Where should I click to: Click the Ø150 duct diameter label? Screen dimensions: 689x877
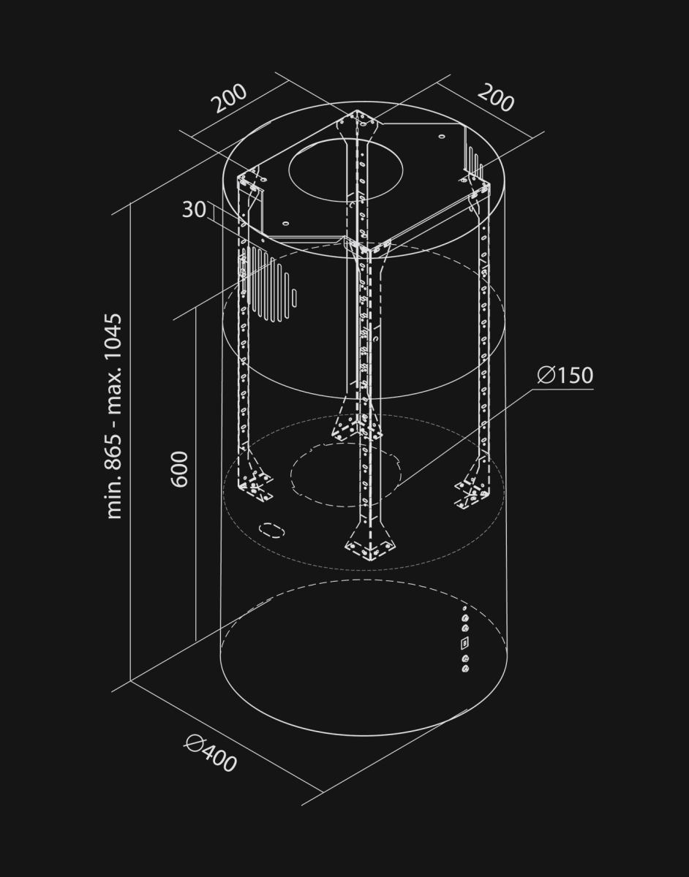point(565,375)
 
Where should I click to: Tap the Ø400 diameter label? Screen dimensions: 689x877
point(211,753)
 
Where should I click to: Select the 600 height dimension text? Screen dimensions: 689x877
point(180,469)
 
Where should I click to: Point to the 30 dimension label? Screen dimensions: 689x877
point(194,210)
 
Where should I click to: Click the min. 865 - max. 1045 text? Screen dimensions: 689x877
point(113,416)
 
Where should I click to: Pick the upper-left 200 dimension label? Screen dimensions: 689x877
point(230,99)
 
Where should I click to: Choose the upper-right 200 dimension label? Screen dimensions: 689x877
point(496,98)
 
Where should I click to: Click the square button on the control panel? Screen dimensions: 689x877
point(465,643)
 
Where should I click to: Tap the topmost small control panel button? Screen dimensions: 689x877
point(464,608)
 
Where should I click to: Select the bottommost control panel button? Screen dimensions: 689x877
point(465,669)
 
